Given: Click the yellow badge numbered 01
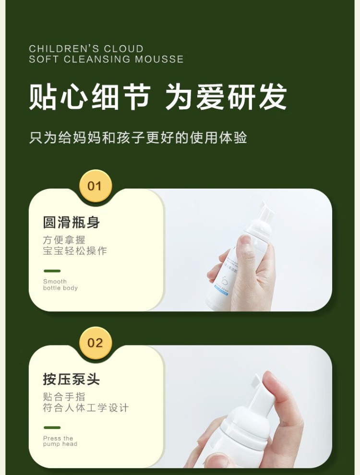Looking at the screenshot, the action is pyautogui.click(x=96, y=186).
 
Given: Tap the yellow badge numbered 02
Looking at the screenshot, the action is pyautogui.click(x=96, y=343).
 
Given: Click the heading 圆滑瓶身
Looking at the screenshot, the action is pyautogui.click(x=72, y=222).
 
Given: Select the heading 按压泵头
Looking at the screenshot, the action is pyautogui.click(x=72, y=379).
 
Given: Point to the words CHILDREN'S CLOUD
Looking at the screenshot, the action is pyautogui.click(x=86, y=49).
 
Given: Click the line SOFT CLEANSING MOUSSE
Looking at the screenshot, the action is pyautogui.click(x=107, y=59).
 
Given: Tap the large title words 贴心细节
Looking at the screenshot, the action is pyautogui.click(x=90, y=96).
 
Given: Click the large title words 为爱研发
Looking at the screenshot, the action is pyautogui.click(x=226, y=96).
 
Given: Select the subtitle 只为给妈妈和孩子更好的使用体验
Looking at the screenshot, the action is pyautogui.click(x=138, y=138).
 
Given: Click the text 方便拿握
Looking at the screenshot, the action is pyautogui.click(x=64, y=240).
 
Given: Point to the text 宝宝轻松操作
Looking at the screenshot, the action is pyautogui.click(x=75, y=251).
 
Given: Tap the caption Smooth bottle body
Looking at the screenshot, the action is pyautogui.click(x=60, y=285).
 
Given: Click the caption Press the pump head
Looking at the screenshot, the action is pyautogui.click(x=60, y=441).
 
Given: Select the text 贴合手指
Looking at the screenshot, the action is pyautogui.click(x=64, y=397).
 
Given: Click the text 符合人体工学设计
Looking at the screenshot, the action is pyautogui.click(x=86, y=408).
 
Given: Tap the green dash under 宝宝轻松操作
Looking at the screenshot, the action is pyautogui.click(x=52, y=271).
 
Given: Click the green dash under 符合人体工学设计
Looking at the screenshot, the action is pyautogui.click(x=52, y=427).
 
